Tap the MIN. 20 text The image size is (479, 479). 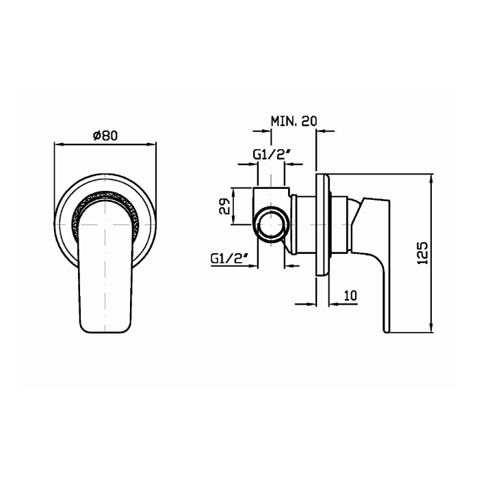tap(294, 121)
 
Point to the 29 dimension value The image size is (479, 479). tap(224, 207)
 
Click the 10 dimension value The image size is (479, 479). tap(350, 295)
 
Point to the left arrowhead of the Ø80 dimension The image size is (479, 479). tap(58, 144)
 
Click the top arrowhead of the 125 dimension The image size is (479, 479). tap(431, 179)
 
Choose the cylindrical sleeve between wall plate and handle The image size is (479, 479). tap(340, 222)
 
